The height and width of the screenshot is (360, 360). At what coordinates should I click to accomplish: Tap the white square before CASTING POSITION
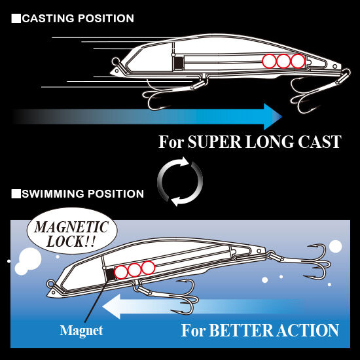click(16, 18)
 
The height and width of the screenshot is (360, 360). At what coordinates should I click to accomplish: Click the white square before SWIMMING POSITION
click(16, 194)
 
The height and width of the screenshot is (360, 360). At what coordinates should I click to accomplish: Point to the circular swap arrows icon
click(180, 181)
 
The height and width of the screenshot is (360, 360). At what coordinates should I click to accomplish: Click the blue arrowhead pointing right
click(273, 117)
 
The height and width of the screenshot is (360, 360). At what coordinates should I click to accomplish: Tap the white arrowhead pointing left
click(111, 307)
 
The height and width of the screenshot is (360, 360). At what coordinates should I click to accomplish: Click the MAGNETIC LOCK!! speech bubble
click(72, 231)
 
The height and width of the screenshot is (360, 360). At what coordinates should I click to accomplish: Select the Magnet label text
click(81, 331)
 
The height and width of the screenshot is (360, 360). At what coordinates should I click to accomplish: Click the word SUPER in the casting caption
click(215, 142)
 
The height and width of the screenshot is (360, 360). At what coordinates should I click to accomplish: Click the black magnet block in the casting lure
click(179, 62)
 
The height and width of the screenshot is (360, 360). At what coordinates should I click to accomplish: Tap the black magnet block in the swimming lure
click(110, 274)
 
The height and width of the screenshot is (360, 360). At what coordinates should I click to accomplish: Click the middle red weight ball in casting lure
click(283, 61)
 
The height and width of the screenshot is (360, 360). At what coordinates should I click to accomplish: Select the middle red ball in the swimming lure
click(134, 270)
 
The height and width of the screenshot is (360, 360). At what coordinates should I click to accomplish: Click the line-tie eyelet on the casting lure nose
click(115, 62)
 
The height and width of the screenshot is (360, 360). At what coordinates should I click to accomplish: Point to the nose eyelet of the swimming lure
click(50, 284)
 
